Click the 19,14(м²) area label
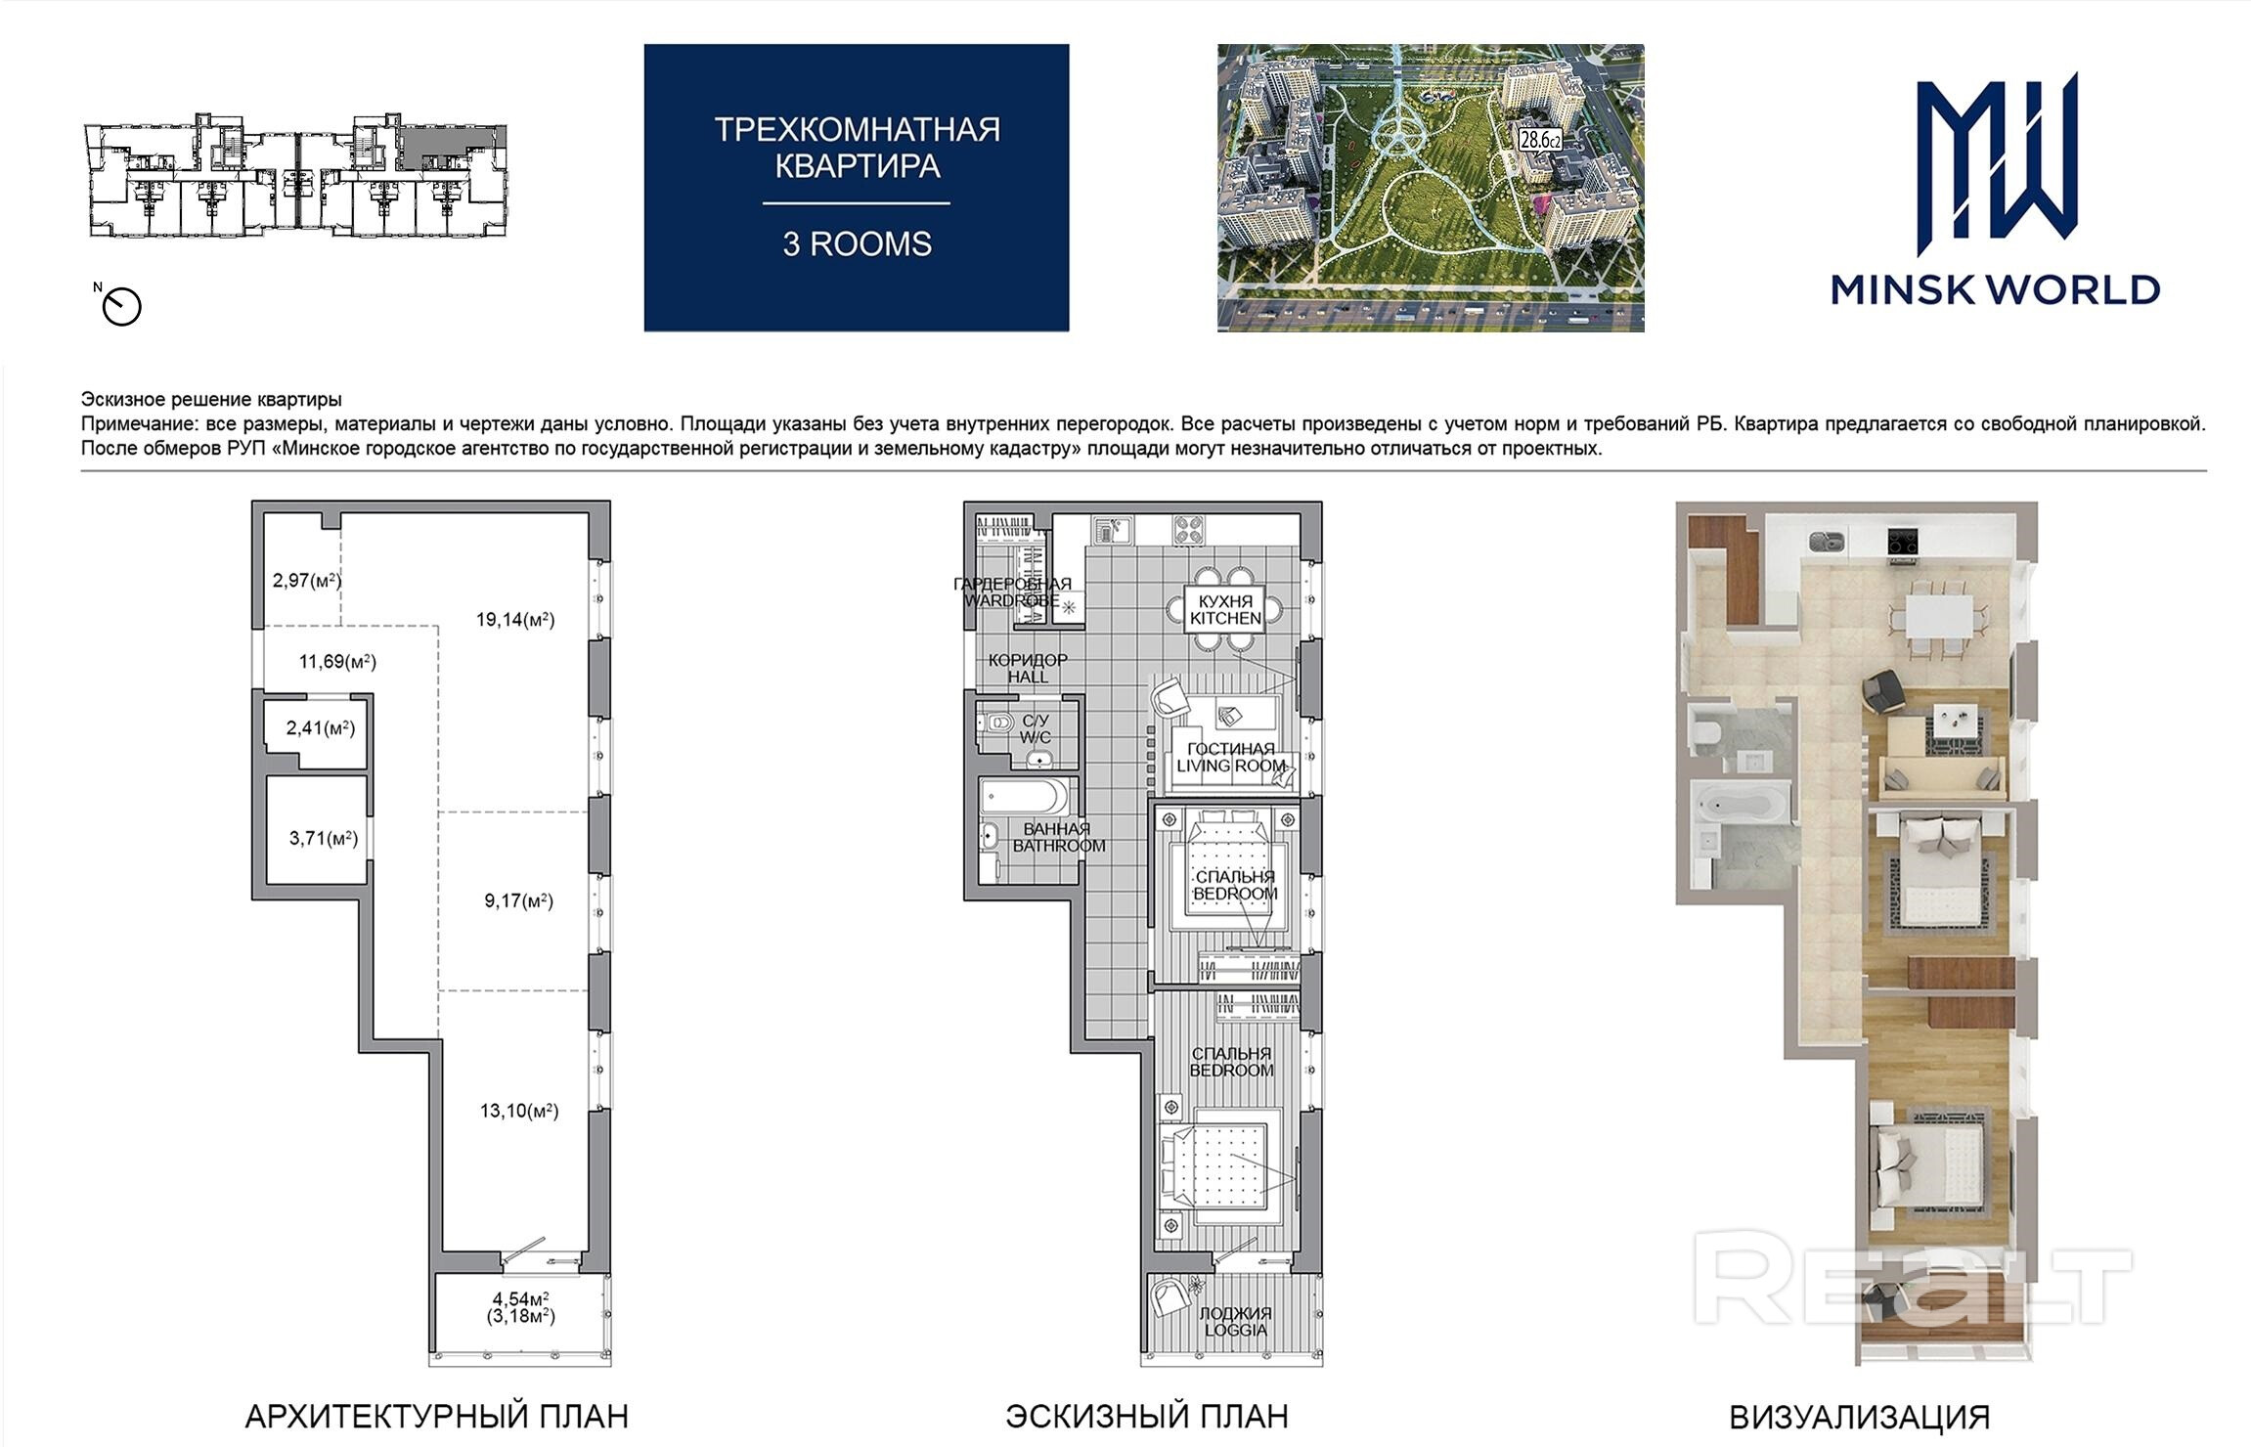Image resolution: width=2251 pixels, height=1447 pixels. [515, 619]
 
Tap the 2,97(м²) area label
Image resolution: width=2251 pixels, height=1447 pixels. [307, 580]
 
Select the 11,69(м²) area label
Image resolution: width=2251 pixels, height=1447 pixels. [337, 662]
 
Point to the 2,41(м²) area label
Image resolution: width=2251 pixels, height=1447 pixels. [320, 728]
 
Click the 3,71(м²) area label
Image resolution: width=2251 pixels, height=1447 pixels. [324, 838]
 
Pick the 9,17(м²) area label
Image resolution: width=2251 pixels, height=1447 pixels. [519, 900]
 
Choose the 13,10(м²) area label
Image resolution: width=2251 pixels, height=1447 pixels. [519, 1111]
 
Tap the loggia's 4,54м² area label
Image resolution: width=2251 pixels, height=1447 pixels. [521, 1298]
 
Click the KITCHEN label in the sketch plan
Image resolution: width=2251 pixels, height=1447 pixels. [1226, 618]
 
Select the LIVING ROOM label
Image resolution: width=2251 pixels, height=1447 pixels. [1231, 766]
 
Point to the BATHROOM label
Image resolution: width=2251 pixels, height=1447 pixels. [1059, 846]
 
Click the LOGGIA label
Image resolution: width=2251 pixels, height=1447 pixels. [1236, 1330]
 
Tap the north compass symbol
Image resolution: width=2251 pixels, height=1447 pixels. [122, 306]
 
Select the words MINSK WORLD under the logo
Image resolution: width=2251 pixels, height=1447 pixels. [1996, 289]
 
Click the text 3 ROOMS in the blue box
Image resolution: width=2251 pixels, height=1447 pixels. [857, 243]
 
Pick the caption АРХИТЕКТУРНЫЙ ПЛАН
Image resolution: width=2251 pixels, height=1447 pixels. [436, 1417]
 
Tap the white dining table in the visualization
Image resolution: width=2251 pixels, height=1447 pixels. [1938, 616]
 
